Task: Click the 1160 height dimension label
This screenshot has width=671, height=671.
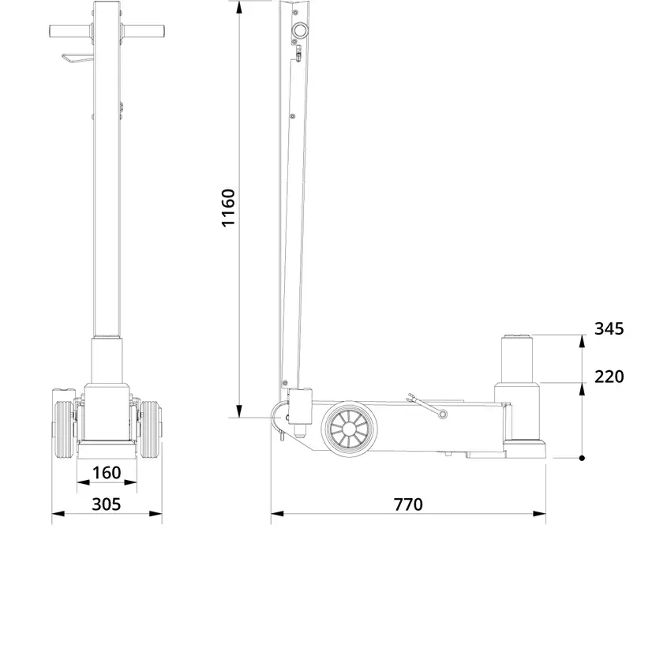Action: (x=228, y=208)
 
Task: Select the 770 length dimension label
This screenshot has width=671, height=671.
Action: (x=408, y=504)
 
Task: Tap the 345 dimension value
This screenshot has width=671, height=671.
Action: (x=609, y=328)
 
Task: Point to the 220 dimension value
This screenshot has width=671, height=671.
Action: (x=609, y=377)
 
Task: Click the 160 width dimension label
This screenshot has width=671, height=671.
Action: (x=107, y=473)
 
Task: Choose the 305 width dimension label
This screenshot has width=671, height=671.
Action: (x=107, y=504)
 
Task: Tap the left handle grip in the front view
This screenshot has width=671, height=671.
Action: (x=70, y=32)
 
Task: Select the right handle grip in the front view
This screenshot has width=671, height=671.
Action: (x=144, y=32)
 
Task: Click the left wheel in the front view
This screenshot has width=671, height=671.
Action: (x=64, y=430)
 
